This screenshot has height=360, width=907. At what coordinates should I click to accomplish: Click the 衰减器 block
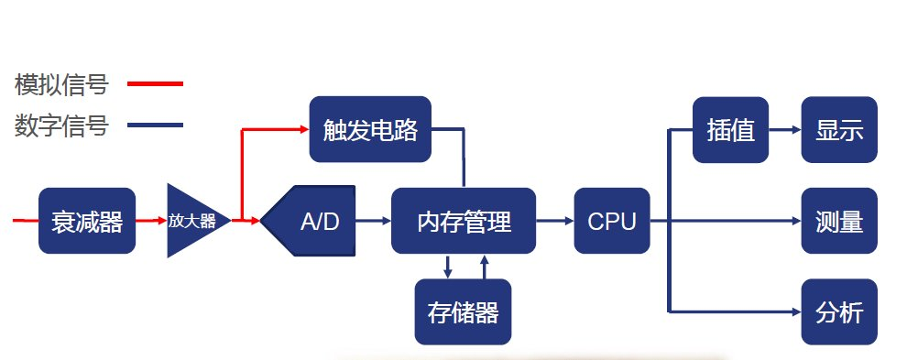[x=87, y=221]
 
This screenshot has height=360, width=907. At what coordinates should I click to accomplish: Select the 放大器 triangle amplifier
[x=194, y=221]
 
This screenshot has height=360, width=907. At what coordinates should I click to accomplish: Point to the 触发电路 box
[x=370, y=129]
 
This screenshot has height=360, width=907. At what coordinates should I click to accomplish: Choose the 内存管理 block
[x=464, y=221]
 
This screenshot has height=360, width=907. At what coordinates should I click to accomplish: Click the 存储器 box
[x=463, y=312]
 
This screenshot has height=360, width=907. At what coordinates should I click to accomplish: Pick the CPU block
[x=612, y=221]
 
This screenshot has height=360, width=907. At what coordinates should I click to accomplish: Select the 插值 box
[x=730, y=130]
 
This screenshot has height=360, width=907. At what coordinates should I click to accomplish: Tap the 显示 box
[x=839, y=130]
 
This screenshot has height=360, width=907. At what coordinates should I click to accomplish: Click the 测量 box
[x=839, y=221]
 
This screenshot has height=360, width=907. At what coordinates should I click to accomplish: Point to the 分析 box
[x=839, y=312]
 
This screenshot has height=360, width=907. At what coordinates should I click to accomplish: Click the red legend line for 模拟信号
[x=155, y=84]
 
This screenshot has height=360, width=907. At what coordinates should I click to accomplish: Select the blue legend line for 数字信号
[x=155, y=125]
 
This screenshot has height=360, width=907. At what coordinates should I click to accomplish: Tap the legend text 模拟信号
[x=61, y=84]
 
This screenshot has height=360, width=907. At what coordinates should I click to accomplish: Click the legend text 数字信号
[x=61, y=125]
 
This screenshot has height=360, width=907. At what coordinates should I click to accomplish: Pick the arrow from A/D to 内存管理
[x=373, y=221]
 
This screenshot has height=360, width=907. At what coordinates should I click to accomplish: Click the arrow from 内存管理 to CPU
[x=554, y=221]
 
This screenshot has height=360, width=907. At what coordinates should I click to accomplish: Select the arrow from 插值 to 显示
[x=785, y=130]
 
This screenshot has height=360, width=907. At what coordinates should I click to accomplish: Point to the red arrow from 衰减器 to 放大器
[x=151, y=221]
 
